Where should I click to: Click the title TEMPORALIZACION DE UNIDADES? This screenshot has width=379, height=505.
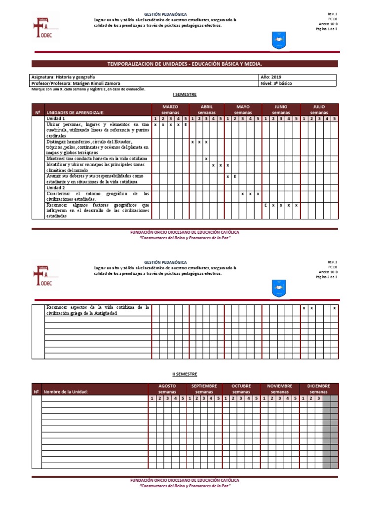185,64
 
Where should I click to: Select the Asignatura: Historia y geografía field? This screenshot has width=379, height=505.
63,77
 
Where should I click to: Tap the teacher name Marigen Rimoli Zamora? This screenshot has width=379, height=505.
97,83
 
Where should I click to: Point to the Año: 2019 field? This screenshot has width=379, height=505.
270,77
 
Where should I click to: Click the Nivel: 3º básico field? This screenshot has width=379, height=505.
276,83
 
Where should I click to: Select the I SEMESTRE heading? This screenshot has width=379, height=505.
185,94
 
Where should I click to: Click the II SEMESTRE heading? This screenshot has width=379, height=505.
184,374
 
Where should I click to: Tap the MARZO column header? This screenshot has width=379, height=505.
170,107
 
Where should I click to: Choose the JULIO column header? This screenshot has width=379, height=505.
319,107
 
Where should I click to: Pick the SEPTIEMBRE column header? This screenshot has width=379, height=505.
204,386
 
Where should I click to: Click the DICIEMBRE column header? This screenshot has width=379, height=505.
319,386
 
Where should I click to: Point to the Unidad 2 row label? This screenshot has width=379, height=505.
56,188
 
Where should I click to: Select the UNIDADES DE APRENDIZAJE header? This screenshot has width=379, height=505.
76,113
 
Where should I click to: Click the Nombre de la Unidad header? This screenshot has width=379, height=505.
66,392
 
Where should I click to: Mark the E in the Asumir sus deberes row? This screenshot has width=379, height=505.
235,176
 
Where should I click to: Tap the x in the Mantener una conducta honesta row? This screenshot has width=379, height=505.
206,159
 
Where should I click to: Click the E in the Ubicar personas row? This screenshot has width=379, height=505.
186,125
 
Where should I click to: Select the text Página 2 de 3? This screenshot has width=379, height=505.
326,277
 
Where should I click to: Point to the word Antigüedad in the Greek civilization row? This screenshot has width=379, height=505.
104,313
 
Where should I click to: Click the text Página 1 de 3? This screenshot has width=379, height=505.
326,29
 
